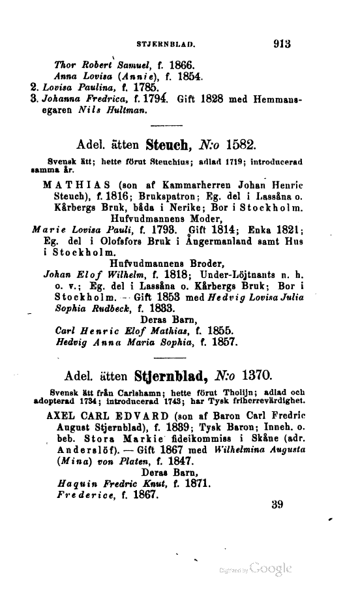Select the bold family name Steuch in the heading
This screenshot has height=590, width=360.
coord(170,142)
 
